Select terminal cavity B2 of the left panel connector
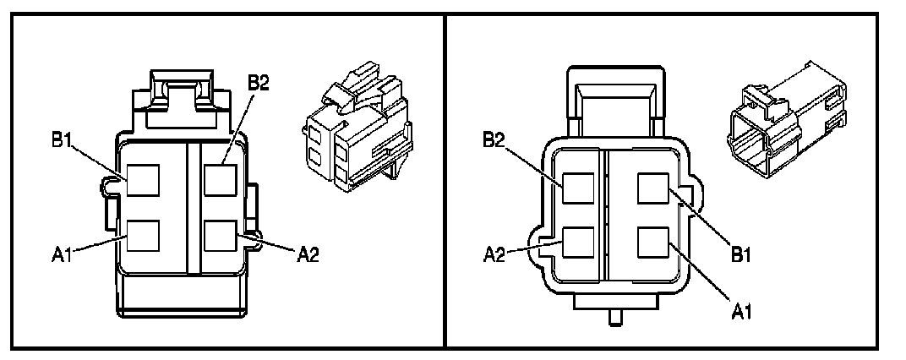coord(219,180)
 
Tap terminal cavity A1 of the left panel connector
coord(143,234)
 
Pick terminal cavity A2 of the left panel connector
coord(219,234)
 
